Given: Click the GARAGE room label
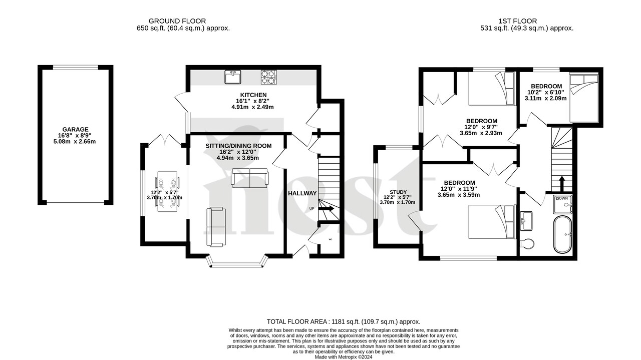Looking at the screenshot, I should [x=76, y=129].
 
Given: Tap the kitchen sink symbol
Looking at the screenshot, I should [x=232, y=78].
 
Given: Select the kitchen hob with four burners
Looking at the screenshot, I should [x=268, y=77].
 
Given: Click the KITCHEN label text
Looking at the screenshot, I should [x=253, y=95].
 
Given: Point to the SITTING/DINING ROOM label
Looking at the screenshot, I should [x=238, y=146].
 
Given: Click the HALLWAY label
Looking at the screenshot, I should [x=302, y=193].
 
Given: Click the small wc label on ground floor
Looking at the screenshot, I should [x=331, y=239].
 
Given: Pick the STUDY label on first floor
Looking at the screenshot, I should [x=399, y=192].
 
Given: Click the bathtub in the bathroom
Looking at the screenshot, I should [x=565, y=234].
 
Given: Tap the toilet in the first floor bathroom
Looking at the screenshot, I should [x=527, y=244].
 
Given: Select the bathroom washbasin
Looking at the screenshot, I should [x=527, y=220].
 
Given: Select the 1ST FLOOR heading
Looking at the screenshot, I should [x=517, y=21].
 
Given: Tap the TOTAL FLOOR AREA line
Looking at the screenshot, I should [x=343, y=322].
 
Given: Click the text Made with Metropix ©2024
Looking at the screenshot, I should [x=344, y=356].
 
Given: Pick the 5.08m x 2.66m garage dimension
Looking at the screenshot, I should [x=76, y=141].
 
